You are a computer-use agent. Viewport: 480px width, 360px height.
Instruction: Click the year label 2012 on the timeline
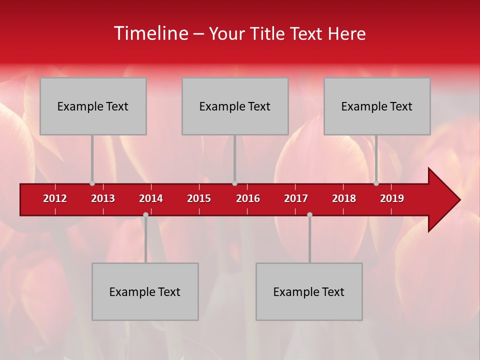55,198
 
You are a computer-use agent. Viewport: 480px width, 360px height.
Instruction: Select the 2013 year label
103,198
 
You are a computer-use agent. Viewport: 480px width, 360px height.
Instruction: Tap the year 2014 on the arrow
151,198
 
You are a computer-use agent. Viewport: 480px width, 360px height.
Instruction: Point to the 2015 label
199,198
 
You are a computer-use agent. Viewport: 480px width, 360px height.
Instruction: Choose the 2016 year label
248,198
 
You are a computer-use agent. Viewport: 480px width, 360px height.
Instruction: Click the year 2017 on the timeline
296,198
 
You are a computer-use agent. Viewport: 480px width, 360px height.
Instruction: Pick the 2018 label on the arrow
344,198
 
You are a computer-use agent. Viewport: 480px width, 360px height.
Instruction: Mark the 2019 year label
392,198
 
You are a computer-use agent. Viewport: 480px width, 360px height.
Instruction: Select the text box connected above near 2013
93,106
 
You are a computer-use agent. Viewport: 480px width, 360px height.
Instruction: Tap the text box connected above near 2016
235,106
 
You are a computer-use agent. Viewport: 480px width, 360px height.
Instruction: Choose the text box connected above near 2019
377,106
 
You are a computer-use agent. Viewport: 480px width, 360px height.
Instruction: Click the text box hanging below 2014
145,291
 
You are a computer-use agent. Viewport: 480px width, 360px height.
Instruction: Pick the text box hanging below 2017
309,291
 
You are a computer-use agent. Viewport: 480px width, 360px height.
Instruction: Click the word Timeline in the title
150,33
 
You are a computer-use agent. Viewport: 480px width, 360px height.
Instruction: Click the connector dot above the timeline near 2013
92,183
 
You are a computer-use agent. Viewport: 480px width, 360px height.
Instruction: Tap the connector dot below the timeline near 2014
145,214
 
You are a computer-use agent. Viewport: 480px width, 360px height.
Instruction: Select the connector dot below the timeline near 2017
309,214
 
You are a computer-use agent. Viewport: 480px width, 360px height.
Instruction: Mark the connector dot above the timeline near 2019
376,183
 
